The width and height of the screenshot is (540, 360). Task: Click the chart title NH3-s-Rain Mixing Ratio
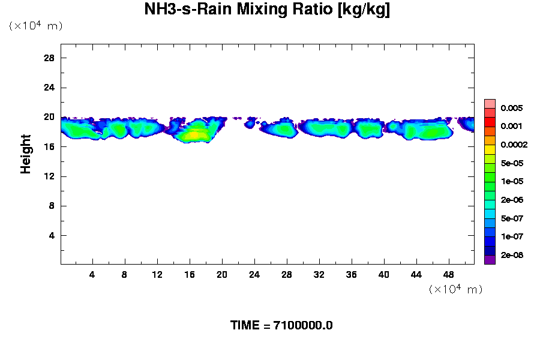(267, 10)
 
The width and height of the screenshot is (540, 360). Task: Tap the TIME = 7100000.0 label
(281, 326)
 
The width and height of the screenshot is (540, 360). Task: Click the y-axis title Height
(26, 154)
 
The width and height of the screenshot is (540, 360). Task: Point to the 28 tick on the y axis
(49, 58)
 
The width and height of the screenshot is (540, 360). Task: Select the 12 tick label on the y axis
(49, 176)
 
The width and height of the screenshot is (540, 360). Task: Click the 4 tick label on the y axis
(52, 235)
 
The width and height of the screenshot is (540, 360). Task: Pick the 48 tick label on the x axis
(448, 275)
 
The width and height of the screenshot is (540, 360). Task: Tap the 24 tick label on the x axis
(254, 275)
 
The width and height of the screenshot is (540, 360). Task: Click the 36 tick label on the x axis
(352, 275)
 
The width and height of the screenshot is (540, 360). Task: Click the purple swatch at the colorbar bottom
(490, 260)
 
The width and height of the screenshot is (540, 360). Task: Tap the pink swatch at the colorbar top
(490, 103)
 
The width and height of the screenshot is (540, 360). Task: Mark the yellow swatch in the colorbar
(490, 149)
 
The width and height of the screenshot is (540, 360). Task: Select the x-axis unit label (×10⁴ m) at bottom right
(455, 290)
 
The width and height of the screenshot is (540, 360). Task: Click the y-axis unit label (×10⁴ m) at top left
(35, 26)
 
